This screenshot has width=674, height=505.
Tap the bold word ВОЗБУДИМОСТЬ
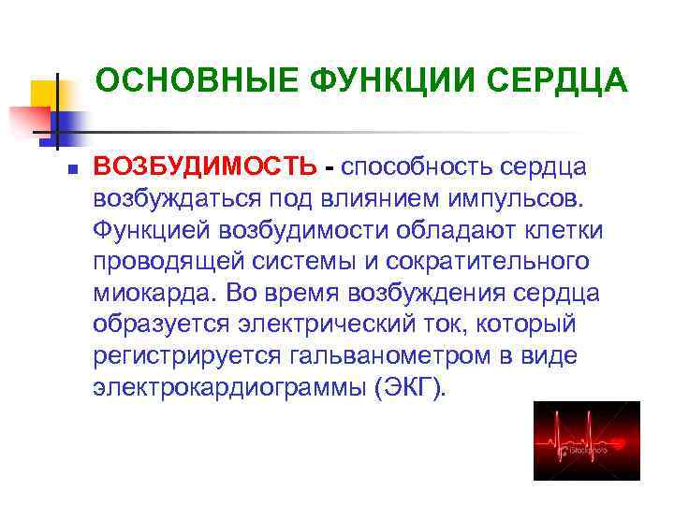click(205, 167)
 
